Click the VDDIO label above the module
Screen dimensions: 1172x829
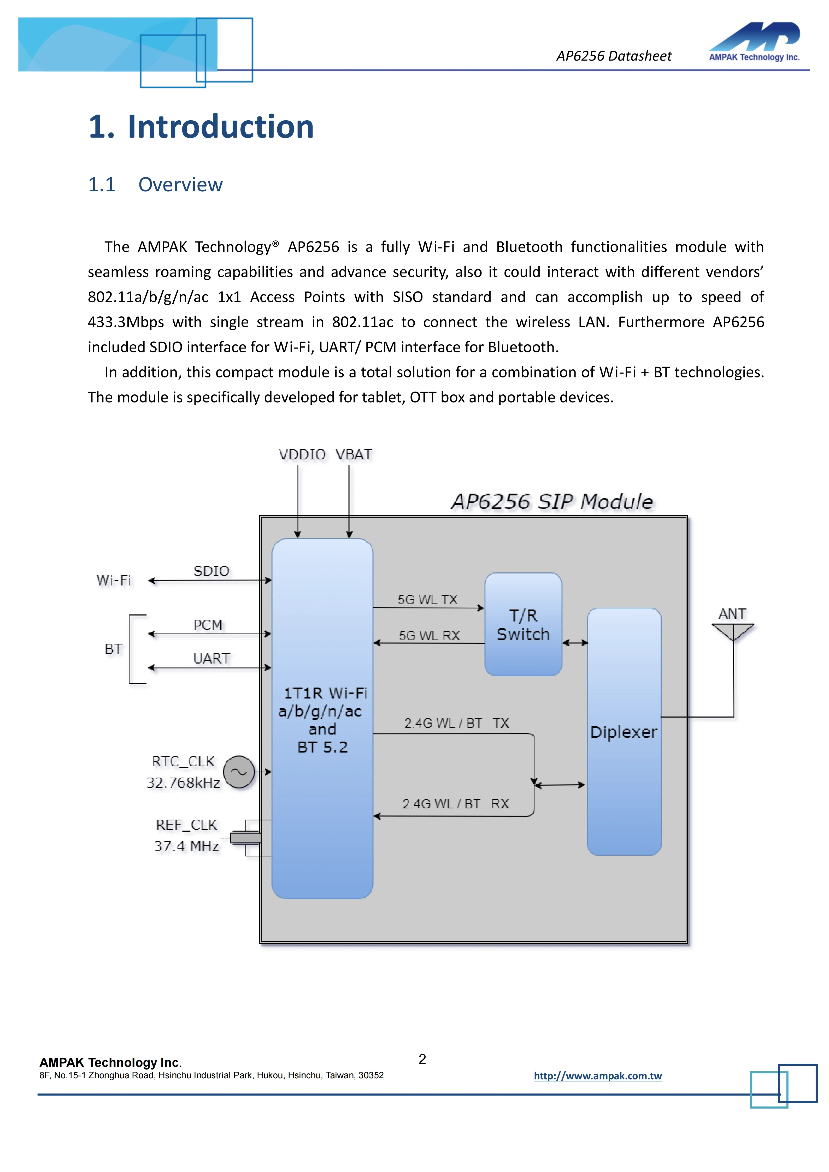tap(302, 454)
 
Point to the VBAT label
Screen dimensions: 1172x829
tap(354, 454)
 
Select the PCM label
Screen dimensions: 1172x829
tap(208, 625)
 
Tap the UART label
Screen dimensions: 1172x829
tap(211, 659)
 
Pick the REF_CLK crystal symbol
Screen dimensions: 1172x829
tap(245, 838)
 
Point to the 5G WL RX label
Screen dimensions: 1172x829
tap(429, 636)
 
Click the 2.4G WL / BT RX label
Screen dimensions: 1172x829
tap(455, 803)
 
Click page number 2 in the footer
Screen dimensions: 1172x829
tap(422, 1059)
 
